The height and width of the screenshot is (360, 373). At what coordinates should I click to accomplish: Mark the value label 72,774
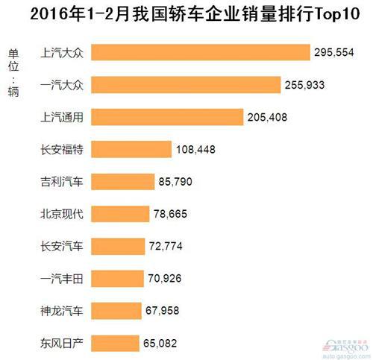(171, 246)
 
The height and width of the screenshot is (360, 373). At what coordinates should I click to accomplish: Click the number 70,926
(169, 278)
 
